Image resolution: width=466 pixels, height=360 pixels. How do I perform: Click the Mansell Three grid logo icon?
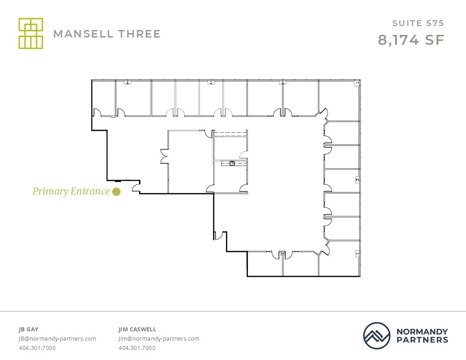pos(31,34)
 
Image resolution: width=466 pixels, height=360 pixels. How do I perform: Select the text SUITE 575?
pos(418,23)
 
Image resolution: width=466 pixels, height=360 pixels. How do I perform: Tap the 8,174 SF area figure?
pos(410,40)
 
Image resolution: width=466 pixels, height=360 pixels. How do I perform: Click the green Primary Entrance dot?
pos(116,191)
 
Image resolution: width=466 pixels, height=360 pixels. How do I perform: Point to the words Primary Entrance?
pos(71,191)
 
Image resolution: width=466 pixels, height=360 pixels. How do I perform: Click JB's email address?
pos(57,339)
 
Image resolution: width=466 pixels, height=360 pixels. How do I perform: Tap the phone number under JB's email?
pos(37,348)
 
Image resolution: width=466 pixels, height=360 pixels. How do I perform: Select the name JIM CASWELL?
pos(137,329)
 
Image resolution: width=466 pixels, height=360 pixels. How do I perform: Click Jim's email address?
pos(159,339)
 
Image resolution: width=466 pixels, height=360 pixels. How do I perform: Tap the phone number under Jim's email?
pos(137,348)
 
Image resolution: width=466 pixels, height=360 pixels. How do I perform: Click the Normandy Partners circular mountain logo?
pos(377,336)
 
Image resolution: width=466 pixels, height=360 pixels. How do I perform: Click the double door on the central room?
pos(164,156)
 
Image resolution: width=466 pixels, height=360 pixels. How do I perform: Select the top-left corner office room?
pos(104,97)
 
